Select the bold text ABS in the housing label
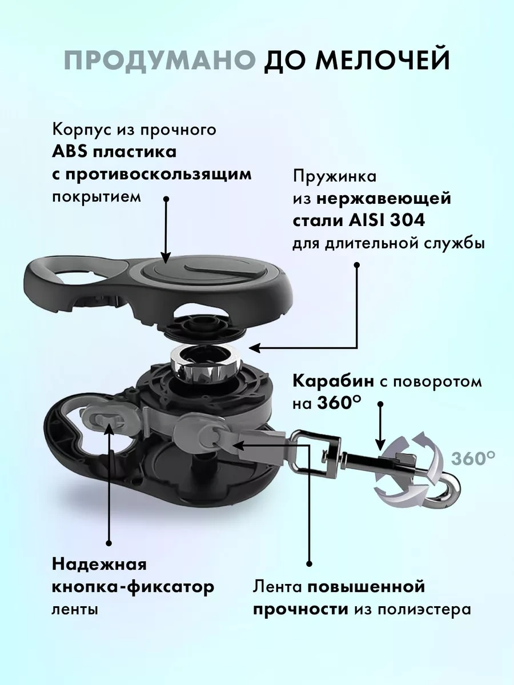point(69,152)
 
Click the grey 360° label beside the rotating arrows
point(473,458)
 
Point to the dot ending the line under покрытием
point(166,198)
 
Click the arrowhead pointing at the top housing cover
point(166,256)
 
